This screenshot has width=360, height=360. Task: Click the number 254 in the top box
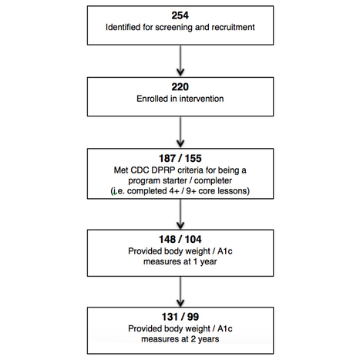coord(180,15)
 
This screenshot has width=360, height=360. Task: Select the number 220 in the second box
coord(180,87)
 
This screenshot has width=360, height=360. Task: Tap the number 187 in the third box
coord(167,158)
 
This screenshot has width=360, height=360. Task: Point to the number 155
coord(193,158)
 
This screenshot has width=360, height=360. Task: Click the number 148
coord(167,239)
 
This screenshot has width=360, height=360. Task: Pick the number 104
coord(193,239)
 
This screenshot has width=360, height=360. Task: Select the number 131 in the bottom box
coord(170,317)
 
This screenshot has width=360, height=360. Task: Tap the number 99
coord(193,317)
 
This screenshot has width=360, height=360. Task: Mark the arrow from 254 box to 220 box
coord(180,61)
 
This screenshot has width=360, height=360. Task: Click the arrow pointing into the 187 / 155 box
coord(180,132)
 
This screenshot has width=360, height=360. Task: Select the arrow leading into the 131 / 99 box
coord(180,291)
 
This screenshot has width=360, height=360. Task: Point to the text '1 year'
coord(205,261)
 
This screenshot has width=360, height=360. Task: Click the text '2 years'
coord(205,339)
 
